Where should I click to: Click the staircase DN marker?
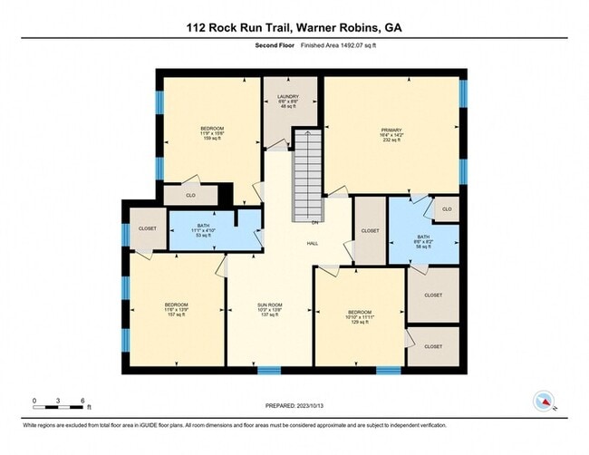click(314, 222)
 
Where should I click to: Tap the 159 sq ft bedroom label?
click(211, 134)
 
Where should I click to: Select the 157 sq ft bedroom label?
click(176, 309)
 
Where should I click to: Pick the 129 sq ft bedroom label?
click(360, 318)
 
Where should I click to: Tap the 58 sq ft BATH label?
click(423, 240)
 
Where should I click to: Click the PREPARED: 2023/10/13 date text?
click(294, 407)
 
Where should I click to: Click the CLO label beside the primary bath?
click(446, 209)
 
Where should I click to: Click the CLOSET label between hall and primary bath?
click(370, 231)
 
